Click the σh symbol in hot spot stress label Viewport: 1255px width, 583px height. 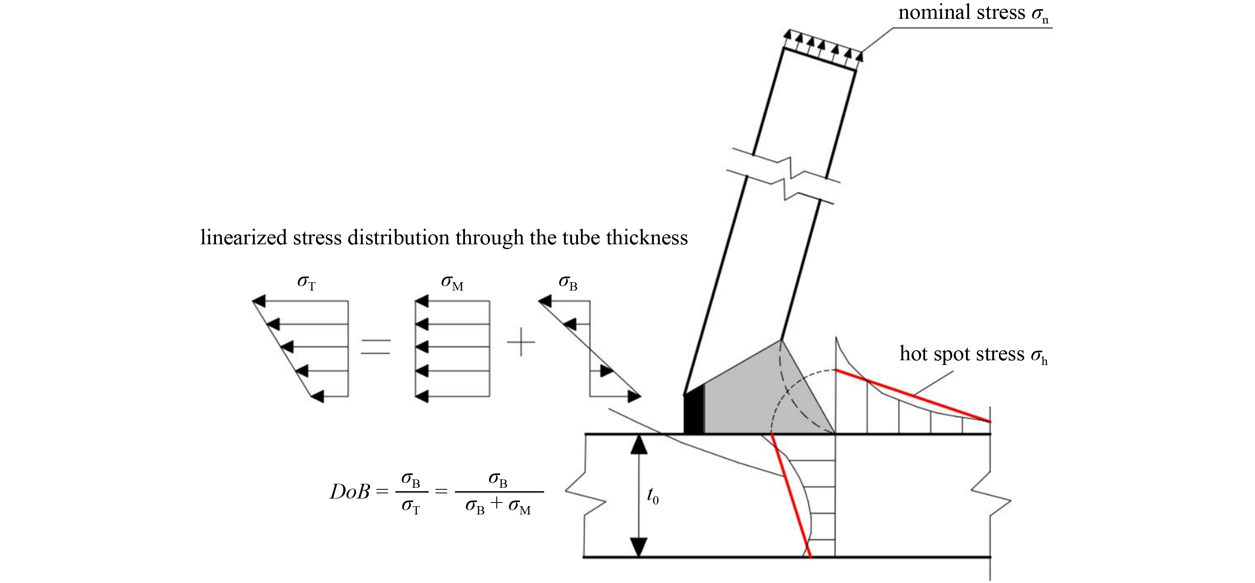[x=1039, y=355]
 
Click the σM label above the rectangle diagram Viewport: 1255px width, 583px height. [x=452, y=283]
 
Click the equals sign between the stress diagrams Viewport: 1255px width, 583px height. [x=376, y=346]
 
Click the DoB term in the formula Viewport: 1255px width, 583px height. [x=350, y=492]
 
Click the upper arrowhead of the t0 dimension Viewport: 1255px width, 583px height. [x=639, y=445]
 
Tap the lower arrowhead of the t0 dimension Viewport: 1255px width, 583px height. [x=639, y=546]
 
